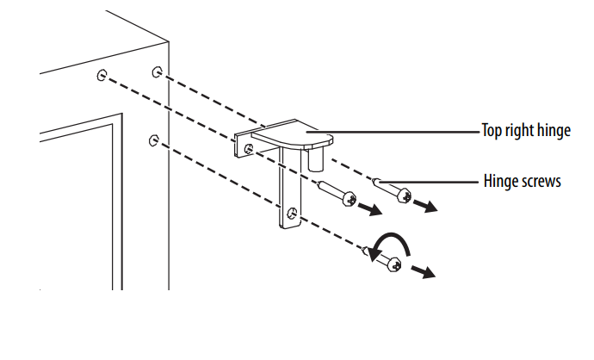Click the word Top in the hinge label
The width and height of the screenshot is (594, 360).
[x=492, y=130]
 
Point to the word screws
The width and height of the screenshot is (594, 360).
[x=541, y=182]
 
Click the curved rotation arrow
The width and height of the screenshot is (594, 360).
[x=389, y=245]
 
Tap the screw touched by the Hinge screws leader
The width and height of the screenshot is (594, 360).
[x=393, y=190]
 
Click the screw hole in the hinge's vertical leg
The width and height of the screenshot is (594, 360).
[x=293, y=213]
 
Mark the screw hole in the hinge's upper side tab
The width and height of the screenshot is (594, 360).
[x=249, y=149]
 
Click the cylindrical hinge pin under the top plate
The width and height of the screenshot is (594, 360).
[x=315, y=159]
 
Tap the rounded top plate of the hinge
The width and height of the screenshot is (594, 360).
[x=293, y=133]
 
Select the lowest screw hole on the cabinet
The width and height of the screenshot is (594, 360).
[x=154, y=140]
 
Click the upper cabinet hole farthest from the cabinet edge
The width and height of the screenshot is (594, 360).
[x=102, y=75]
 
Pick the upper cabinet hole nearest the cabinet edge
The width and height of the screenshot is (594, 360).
[x=158, y=72]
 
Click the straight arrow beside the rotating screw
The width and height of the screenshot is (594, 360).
[x=423, y=271]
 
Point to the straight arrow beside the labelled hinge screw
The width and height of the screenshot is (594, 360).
[x=425, y=206]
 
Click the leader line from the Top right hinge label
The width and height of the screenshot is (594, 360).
[x=393, y=133]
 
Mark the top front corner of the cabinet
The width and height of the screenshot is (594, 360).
[x=169, y=41]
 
